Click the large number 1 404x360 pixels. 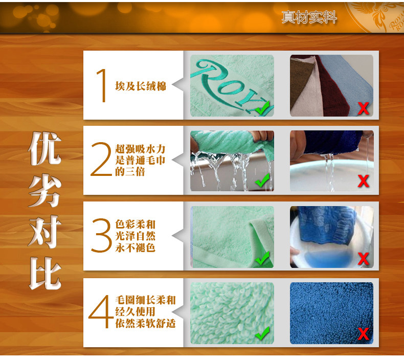point(102,85)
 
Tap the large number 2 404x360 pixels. point(101,159)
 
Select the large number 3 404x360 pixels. point(101,235)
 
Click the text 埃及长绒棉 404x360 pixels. point(141,86)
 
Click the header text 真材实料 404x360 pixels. point(309,17)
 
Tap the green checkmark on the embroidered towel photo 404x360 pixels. point(262,108)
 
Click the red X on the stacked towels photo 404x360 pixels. point(363,108)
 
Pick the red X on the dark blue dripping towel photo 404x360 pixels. point(363,181)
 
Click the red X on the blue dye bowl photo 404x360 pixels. point(363,258)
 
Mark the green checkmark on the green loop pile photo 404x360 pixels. point(262,333)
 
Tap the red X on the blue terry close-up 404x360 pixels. point(363,334)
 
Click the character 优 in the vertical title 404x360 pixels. point(45,148)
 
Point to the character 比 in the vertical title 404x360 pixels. point(46,274)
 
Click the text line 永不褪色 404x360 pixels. point(135,247)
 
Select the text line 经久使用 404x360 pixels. point(135,311)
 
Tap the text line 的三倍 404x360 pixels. point(130,172)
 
